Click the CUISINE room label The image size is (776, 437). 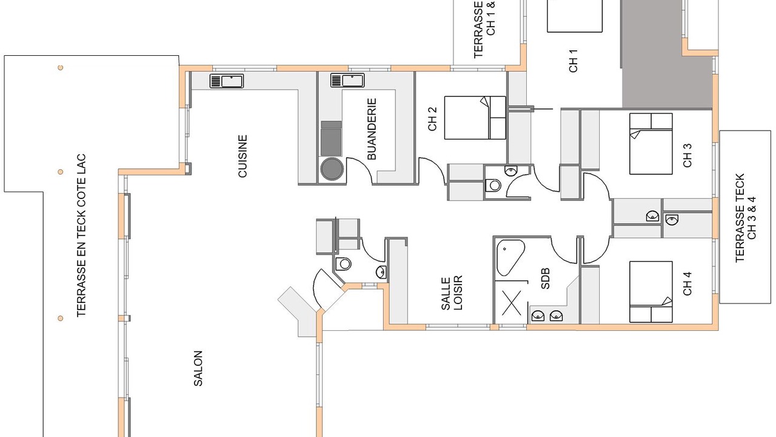[243, 156]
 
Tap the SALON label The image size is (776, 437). [198, 368]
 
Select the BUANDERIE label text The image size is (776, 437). [372, 129]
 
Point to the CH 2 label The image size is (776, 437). [432, 119]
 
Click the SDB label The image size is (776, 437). [545, 279]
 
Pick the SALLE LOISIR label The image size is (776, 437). [452, 293]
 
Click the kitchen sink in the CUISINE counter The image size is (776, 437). [227, 81]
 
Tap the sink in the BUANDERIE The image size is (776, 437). [347, 80]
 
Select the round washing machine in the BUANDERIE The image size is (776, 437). [332, 169]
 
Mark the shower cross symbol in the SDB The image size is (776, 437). [511, 303]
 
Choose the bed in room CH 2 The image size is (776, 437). [475, 118]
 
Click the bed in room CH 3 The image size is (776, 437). [651, 144]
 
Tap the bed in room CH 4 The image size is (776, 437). [651, 292]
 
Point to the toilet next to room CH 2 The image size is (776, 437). [493, 186]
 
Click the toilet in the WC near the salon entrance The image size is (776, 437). [344, 264]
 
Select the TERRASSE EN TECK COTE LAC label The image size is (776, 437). [81, 235]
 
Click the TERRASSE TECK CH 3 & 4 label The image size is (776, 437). [745, 218]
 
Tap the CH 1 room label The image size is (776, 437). [574, 61]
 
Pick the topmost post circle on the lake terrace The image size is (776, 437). [60, 67]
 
